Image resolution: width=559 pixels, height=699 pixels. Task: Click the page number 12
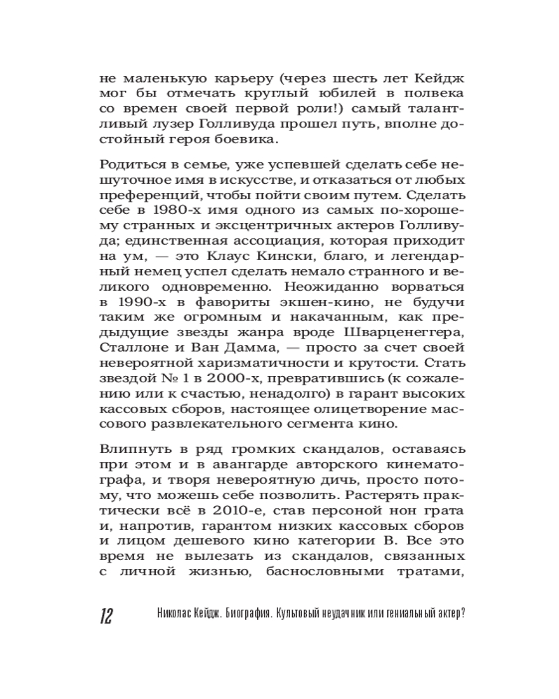point(107,615)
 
